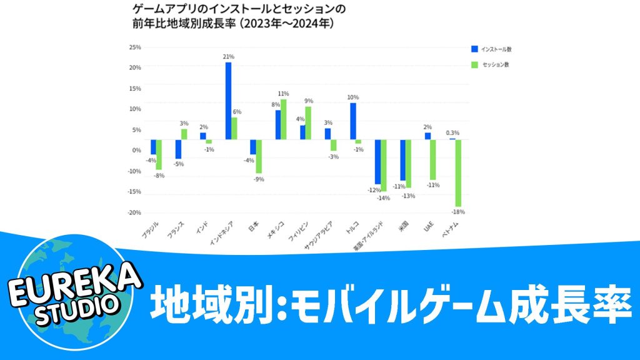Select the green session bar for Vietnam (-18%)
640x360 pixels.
point(458,173)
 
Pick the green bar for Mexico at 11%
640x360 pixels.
point(284,119)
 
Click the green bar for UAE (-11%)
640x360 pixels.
point(433,160)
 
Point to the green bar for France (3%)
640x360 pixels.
point(184,134)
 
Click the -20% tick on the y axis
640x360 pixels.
point(134,212)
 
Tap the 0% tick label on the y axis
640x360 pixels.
point(136,150)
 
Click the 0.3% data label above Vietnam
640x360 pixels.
point(452,132)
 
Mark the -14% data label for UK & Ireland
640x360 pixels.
point(383,198)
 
